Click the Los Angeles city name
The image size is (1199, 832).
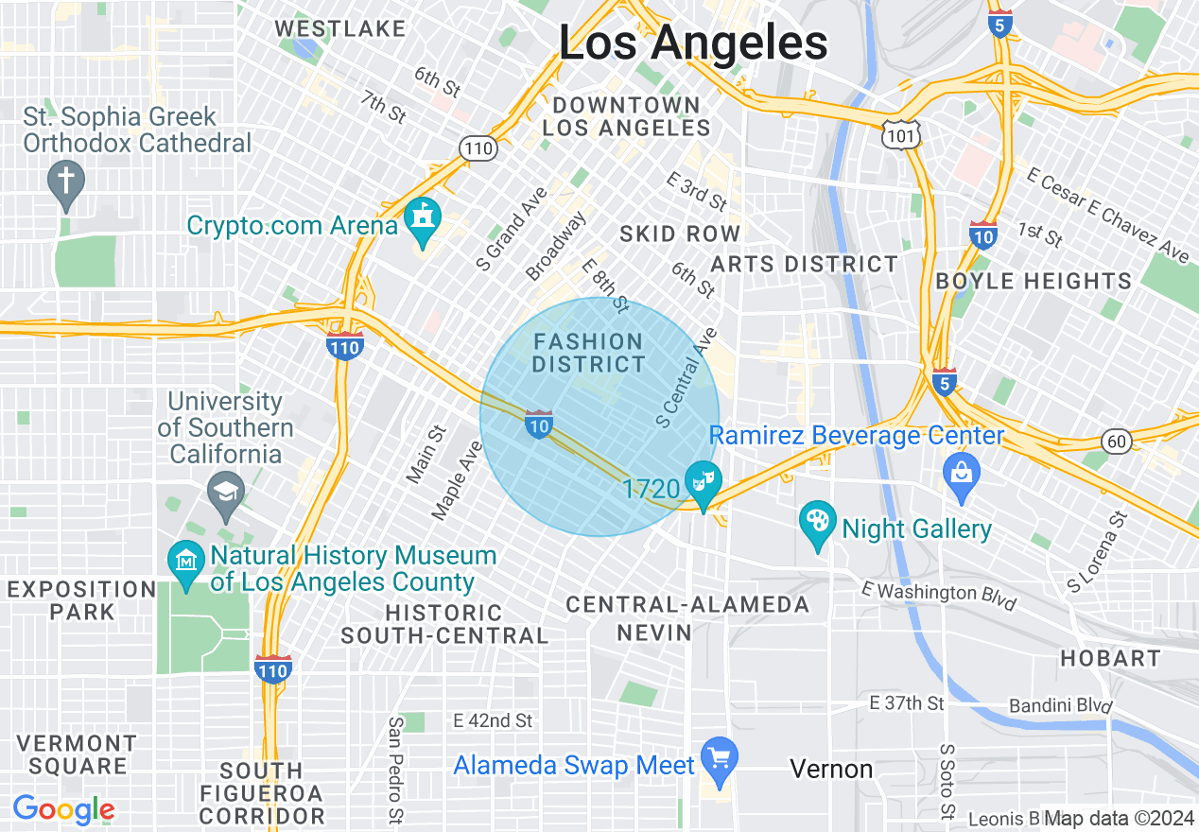coord(693,43)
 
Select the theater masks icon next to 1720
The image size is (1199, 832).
coord(703,481)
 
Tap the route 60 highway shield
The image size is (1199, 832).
coord(1116,440)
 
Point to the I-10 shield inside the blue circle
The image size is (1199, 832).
coord(539,424)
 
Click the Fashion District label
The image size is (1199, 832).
coord(588,353)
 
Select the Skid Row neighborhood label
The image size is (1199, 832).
coord(680,234)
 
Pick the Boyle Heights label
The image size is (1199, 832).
coord(1033,281)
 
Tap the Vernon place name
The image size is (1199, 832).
coord(831,769)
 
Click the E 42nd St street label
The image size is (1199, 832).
coord(493,720)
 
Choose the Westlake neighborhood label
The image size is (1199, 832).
coord(339,28)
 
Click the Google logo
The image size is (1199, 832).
coord(63,809)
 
